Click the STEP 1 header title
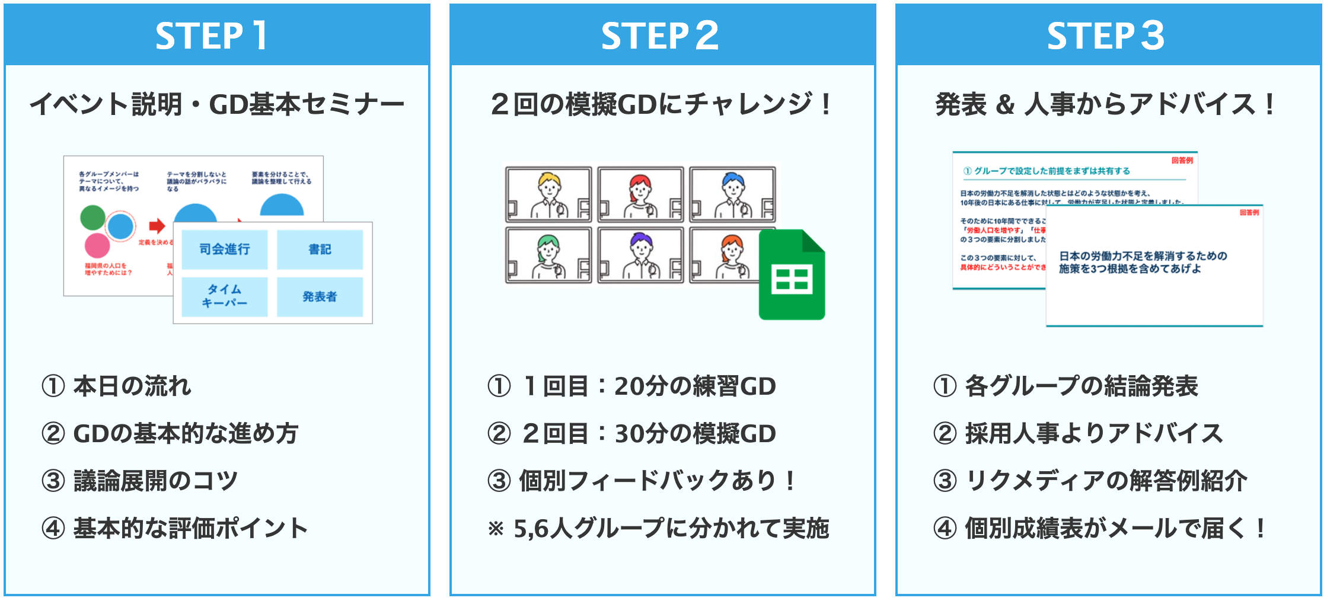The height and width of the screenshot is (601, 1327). point(211,36)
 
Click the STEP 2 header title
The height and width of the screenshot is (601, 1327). point(659,36)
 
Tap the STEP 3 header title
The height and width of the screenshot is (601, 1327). point(1105,36)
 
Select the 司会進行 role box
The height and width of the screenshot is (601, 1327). point(224,249)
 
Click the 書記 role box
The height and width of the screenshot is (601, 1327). point(320,249)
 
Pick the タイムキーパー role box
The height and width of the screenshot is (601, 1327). point(224,296)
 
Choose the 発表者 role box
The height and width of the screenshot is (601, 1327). point(320,296)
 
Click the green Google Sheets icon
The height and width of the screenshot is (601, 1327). point(792,275)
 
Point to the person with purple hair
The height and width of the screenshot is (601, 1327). point(641,255)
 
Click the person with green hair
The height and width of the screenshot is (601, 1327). point(549,255)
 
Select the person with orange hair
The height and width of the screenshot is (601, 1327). point(732,255)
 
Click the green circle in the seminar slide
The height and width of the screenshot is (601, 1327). point(92,218)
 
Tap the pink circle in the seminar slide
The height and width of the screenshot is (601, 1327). point(97,245)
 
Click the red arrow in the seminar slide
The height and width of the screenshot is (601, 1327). point(157,225)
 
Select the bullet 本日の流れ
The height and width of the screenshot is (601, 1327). point(132,386)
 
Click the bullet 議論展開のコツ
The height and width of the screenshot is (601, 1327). point(155,481)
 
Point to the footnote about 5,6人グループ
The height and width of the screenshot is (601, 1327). point(658,528)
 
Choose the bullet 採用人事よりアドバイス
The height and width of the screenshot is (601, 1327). point(1093,433)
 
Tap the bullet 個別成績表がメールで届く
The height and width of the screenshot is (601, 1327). point(1115,528)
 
